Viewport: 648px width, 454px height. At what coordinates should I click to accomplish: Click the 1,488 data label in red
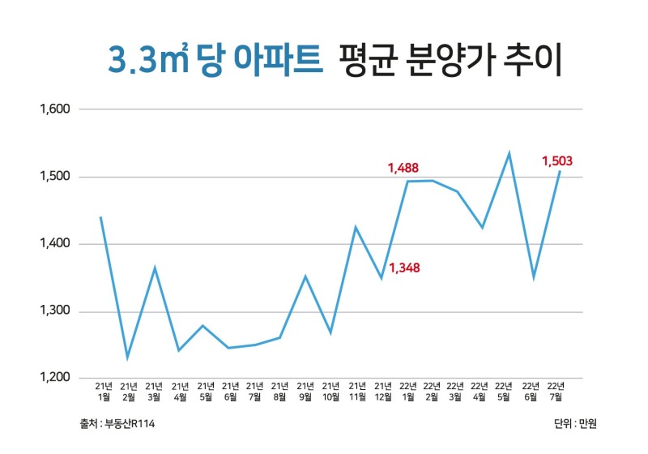pyautogui.click(x=403, y=169)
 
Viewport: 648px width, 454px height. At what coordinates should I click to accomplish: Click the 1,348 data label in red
pyautogui.click(x=404, y=268)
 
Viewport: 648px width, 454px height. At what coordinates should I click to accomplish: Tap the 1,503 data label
pyautogui.click(x=557, y=161)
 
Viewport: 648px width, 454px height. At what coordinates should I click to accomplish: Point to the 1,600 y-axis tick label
pyautogui.click(x=56, y=109)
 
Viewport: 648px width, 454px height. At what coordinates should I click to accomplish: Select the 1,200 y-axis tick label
pyautogui.click(x=56, y=379)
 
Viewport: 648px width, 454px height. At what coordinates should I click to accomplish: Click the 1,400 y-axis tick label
pyautogui.click(x=56, y=244)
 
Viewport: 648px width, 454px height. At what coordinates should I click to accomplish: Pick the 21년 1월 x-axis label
pyautogui.click(x=104, y=391)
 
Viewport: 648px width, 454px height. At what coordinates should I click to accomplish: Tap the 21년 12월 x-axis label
pyautogui.click(x=382, y=391)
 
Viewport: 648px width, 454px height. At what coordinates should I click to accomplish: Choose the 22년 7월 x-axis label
pyautogui.click(x=556, y=391)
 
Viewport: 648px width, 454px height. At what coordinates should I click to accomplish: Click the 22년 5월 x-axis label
pyautogui.click(x=504, y=391)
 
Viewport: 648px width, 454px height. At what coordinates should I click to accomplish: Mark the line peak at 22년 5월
pyautogui.click(x=509, y=153)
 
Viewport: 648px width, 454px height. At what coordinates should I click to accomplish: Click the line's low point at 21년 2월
pyautogui.click(x=127, y=357)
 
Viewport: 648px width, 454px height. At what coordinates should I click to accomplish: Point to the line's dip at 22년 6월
pyautogui.click(x=533, y=277)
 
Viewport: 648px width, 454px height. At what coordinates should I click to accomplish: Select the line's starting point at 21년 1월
pyautogui.click(x=100, y=217)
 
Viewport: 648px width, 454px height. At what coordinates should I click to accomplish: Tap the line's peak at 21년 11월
pyautogui.click(x=355, y=227)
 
